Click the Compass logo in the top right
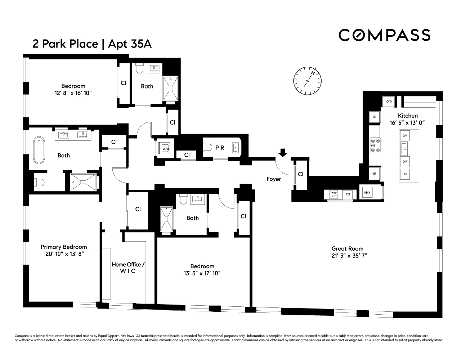(x=384, y=35)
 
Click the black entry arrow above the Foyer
(x=283, y=153)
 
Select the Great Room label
(x=347, y=248)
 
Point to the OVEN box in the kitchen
(x=389, y=102)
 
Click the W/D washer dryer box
(x=165, y=148)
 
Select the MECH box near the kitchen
(x=367, y=193)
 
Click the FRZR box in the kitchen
(x=374, y=174)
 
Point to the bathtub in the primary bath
(x=39, y=150)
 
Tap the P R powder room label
(x=220, y=148)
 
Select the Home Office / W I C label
(x=128, y=267)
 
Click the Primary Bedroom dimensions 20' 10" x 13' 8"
(x=63, y=254)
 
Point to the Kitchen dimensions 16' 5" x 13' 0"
(x=407, y=122)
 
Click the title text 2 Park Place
(x=65, y=44)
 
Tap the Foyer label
(x=274, y=179)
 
